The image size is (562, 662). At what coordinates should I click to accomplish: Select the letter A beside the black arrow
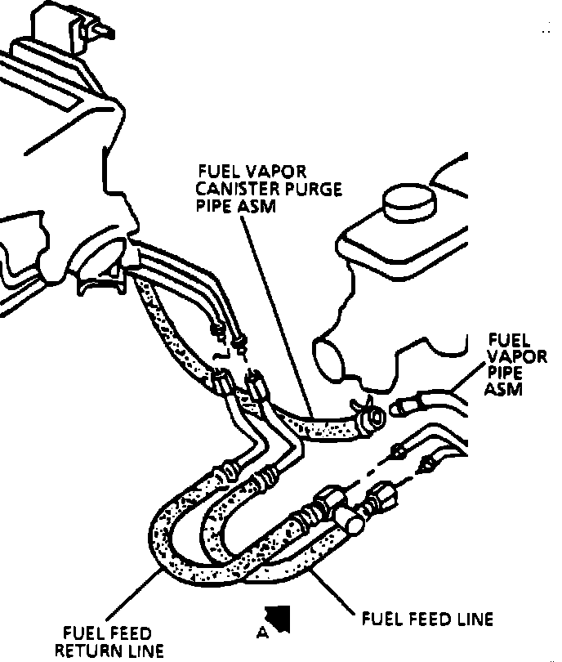pyautogui.click(x=261, y=631)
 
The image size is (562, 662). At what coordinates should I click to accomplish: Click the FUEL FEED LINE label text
pyautogui.click(x=427, y=619)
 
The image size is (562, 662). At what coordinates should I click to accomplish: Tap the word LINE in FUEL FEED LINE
pyautogui.click(x=474, y=619)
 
